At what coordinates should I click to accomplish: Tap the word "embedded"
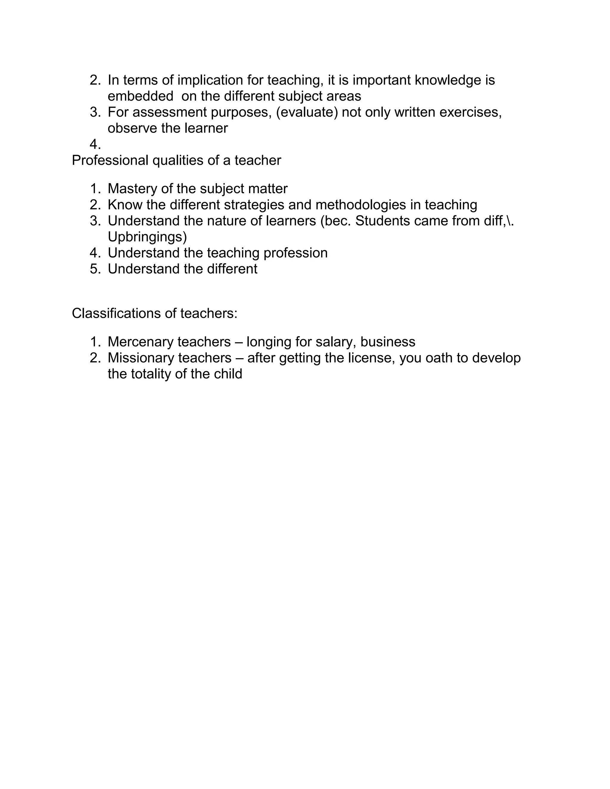pyautogui.click(x=140, y=96)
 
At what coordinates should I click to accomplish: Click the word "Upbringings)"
pyautogui.click(x=147, y=237)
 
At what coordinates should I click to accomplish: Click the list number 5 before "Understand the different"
pyautogui.click(x=95, y=269)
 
